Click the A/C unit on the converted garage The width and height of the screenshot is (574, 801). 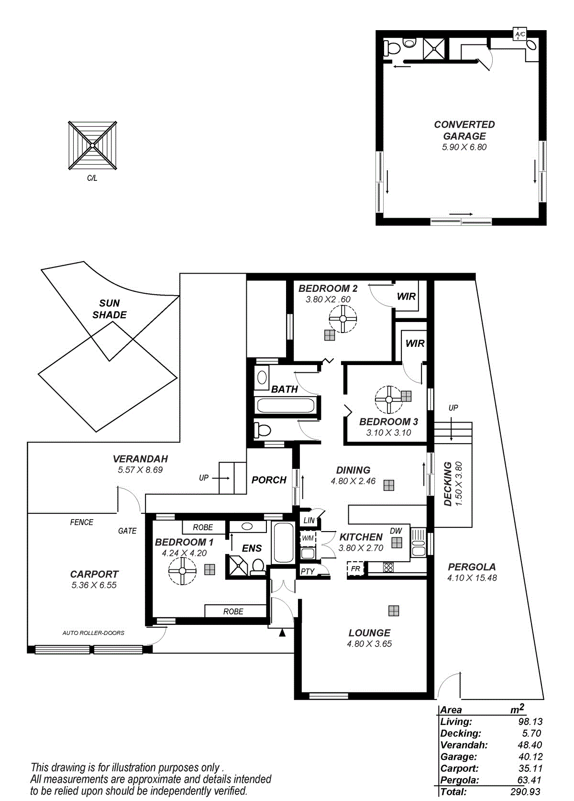tap(519, 34)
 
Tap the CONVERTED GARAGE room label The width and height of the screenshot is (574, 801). tap(464, 130)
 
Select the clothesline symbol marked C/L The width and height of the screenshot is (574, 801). tap(93, 145)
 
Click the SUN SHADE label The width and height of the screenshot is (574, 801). tap(110, 309)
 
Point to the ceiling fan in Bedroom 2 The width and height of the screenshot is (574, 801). tap(343, 319)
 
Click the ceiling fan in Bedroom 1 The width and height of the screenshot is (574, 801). tap(182, 571)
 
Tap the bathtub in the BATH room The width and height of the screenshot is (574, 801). tap(286, 406)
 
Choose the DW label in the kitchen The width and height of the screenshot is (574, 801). tap(396, 531)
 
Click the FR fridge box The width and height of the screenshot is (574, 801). tap(355, 568)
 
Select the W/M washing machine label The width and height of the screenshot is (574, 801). tap(308, 538)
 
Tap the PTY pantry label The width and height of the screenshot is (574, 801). tap(308, 571)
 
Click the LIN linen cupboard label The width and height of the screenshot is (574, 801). tap(309, 521)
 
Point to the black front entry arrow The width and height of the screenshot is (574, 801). tap(282, 633)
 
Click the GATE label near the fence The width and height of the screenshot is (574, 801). tap(127, 531)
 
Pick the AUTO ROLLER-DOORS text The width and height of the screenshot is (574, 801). tap(93, 633)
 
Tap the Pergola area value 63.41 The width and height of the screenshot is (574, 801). tap(530, 780)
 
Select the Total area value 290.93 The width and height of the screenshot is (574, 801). tap(525, 792)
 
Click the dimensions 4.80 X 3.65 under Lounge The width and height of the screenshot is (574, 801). tap(369, 644)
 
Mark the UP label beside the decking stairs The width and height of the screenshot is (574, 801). tap(453, 408)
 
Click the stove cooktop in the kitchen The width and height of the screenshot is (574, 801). tap(388, 567)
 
